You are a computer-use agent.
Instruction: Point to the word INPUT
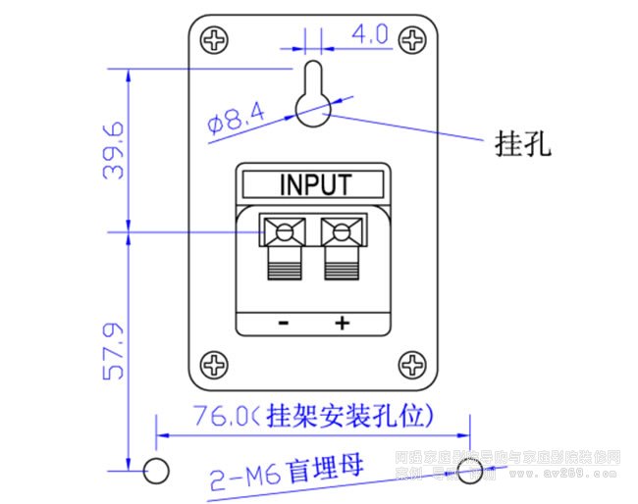click(315, 183)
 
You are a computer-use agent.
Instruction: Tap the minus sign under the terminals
click(284, 324)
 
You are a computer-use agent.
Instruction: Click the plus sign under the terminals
click(343, 324)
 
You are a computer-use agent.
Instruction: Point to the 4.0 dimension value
click(369, 34)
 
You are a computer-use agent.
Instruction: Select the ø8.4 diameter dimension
click(237, 120)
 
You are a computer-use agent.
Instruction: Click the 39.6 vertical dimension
click(114, 150)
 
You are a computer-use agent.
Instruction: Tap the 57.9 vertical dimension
click(114, 350)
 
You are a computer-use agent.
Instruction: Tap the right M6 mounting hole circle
click(470, 471)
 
